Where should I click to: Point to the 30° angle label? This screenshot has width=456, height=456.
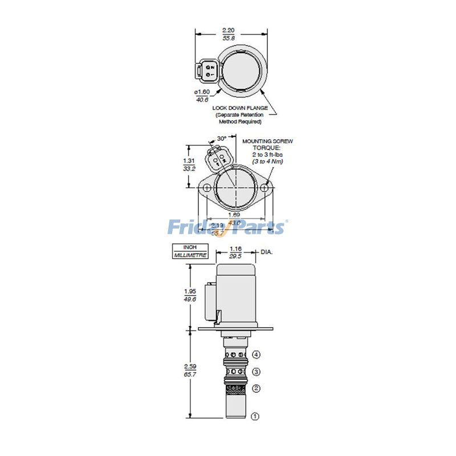point(221,138)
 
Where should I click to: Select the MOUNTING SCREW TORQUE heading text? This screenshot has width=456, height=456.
point(263,144)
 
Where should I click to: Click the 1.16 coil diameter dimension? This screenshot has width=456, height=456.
point(235,253)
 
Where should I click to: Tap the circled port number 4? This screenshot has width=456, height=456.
point(256,355)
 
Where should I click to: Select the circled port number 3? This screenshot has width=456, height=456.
point(256,372)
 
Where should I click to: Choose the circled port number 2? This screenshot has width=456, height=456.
point(256,389)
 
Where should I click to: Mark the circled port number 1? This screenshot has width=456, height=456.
point(255,417)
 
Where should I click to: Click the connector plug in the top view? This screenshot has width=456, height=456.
point(205,72)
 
